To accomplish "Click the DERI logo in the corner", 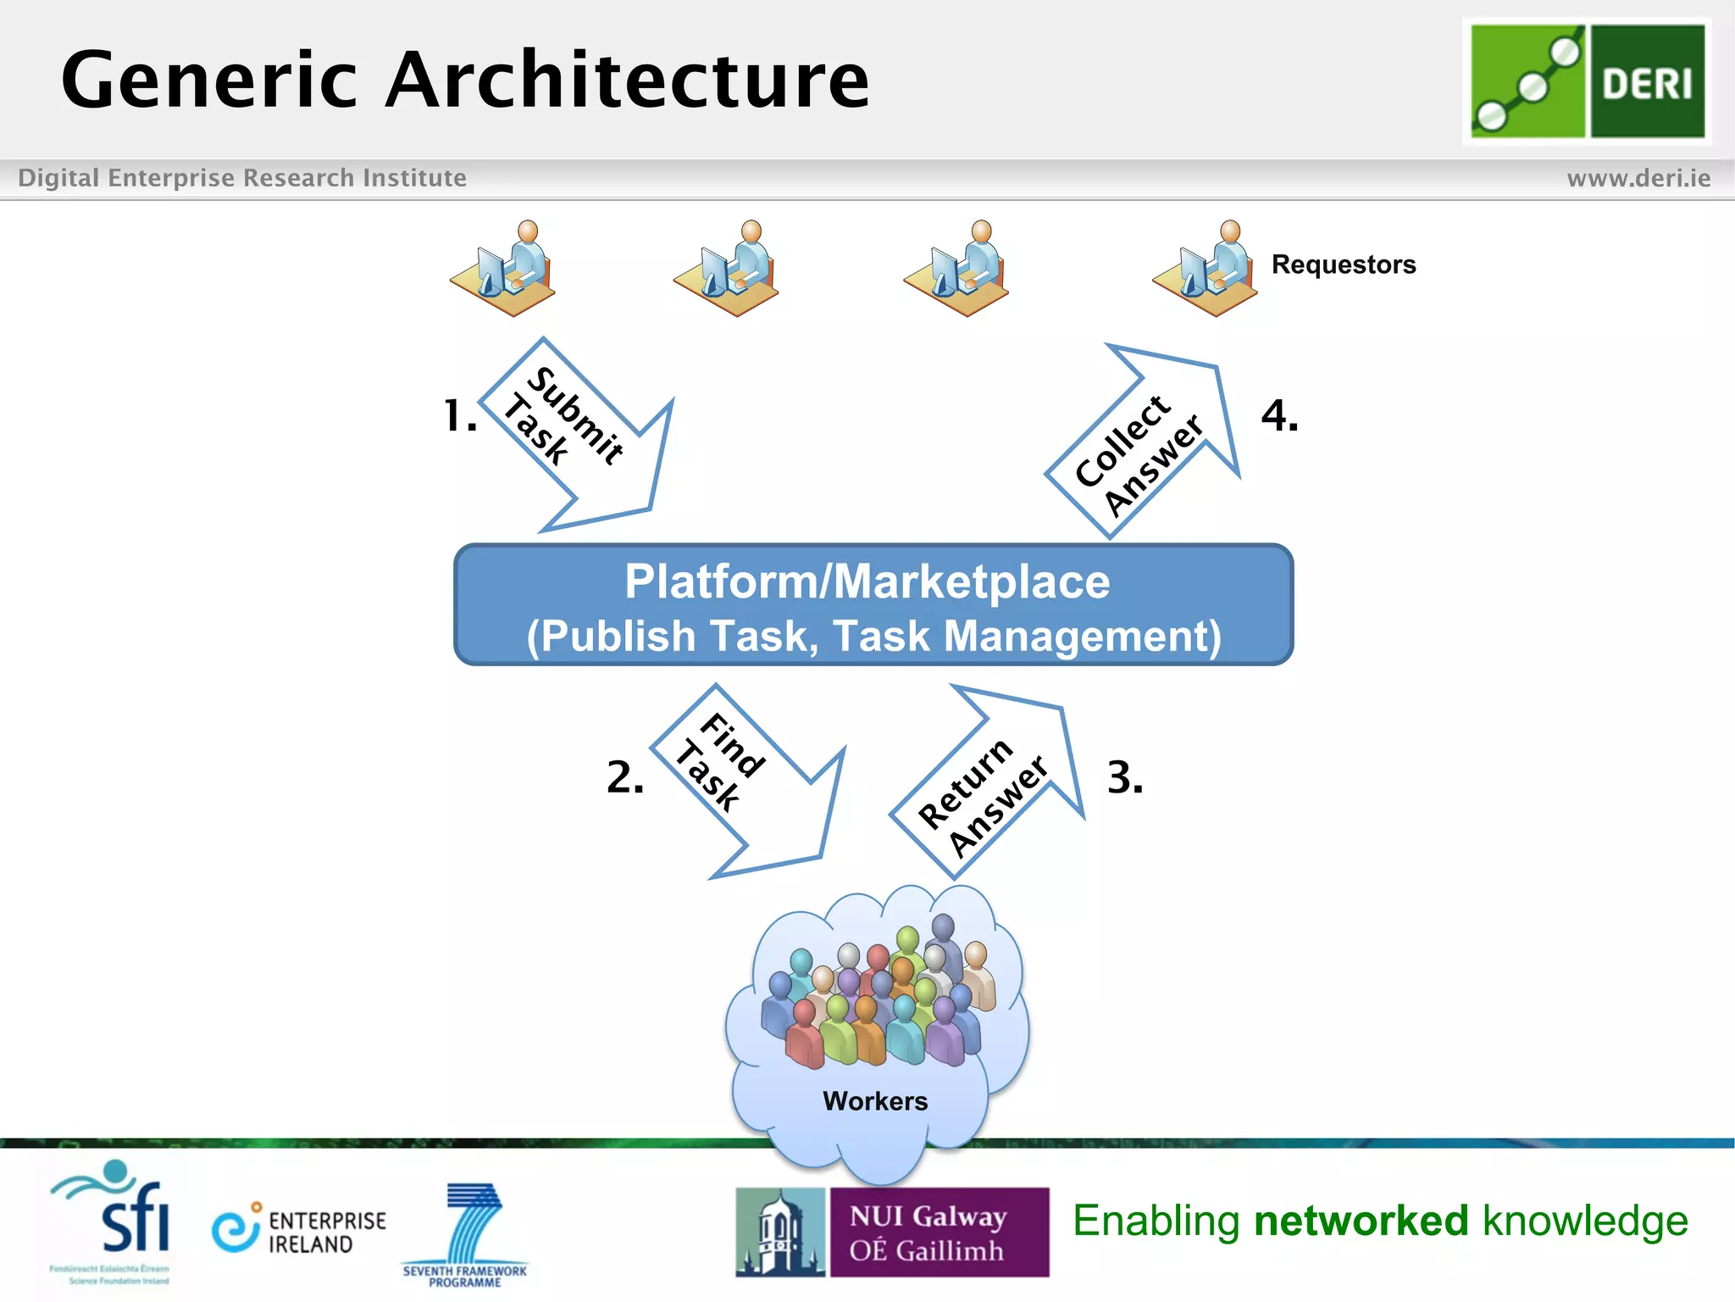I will click(1587, 81).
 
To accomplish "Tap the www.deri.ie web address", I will click(1638, 178).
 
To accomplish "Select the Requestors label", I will click(1343, 264).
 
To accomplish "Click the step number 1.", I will click(460, 416).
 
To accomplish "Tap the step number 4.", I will click(1279, 416).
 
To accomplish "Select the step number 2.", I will click(625, 777).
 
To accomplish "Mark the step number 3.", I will click(1125, 777).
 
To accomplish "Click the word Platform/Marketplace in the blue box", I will click(867, 581).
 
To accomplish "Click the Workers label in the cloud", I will click(875, 1101).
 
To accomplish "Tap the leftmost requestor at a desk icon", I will click(504, 269).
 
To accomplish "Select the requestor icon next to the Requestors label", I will click(1206, 269).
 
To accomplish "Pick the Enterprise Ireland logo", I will click(299, 1231).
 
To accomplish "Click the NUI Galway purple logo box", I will click(938, 1232).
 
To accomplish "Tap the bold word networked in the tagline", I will click(1361, 1221).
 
